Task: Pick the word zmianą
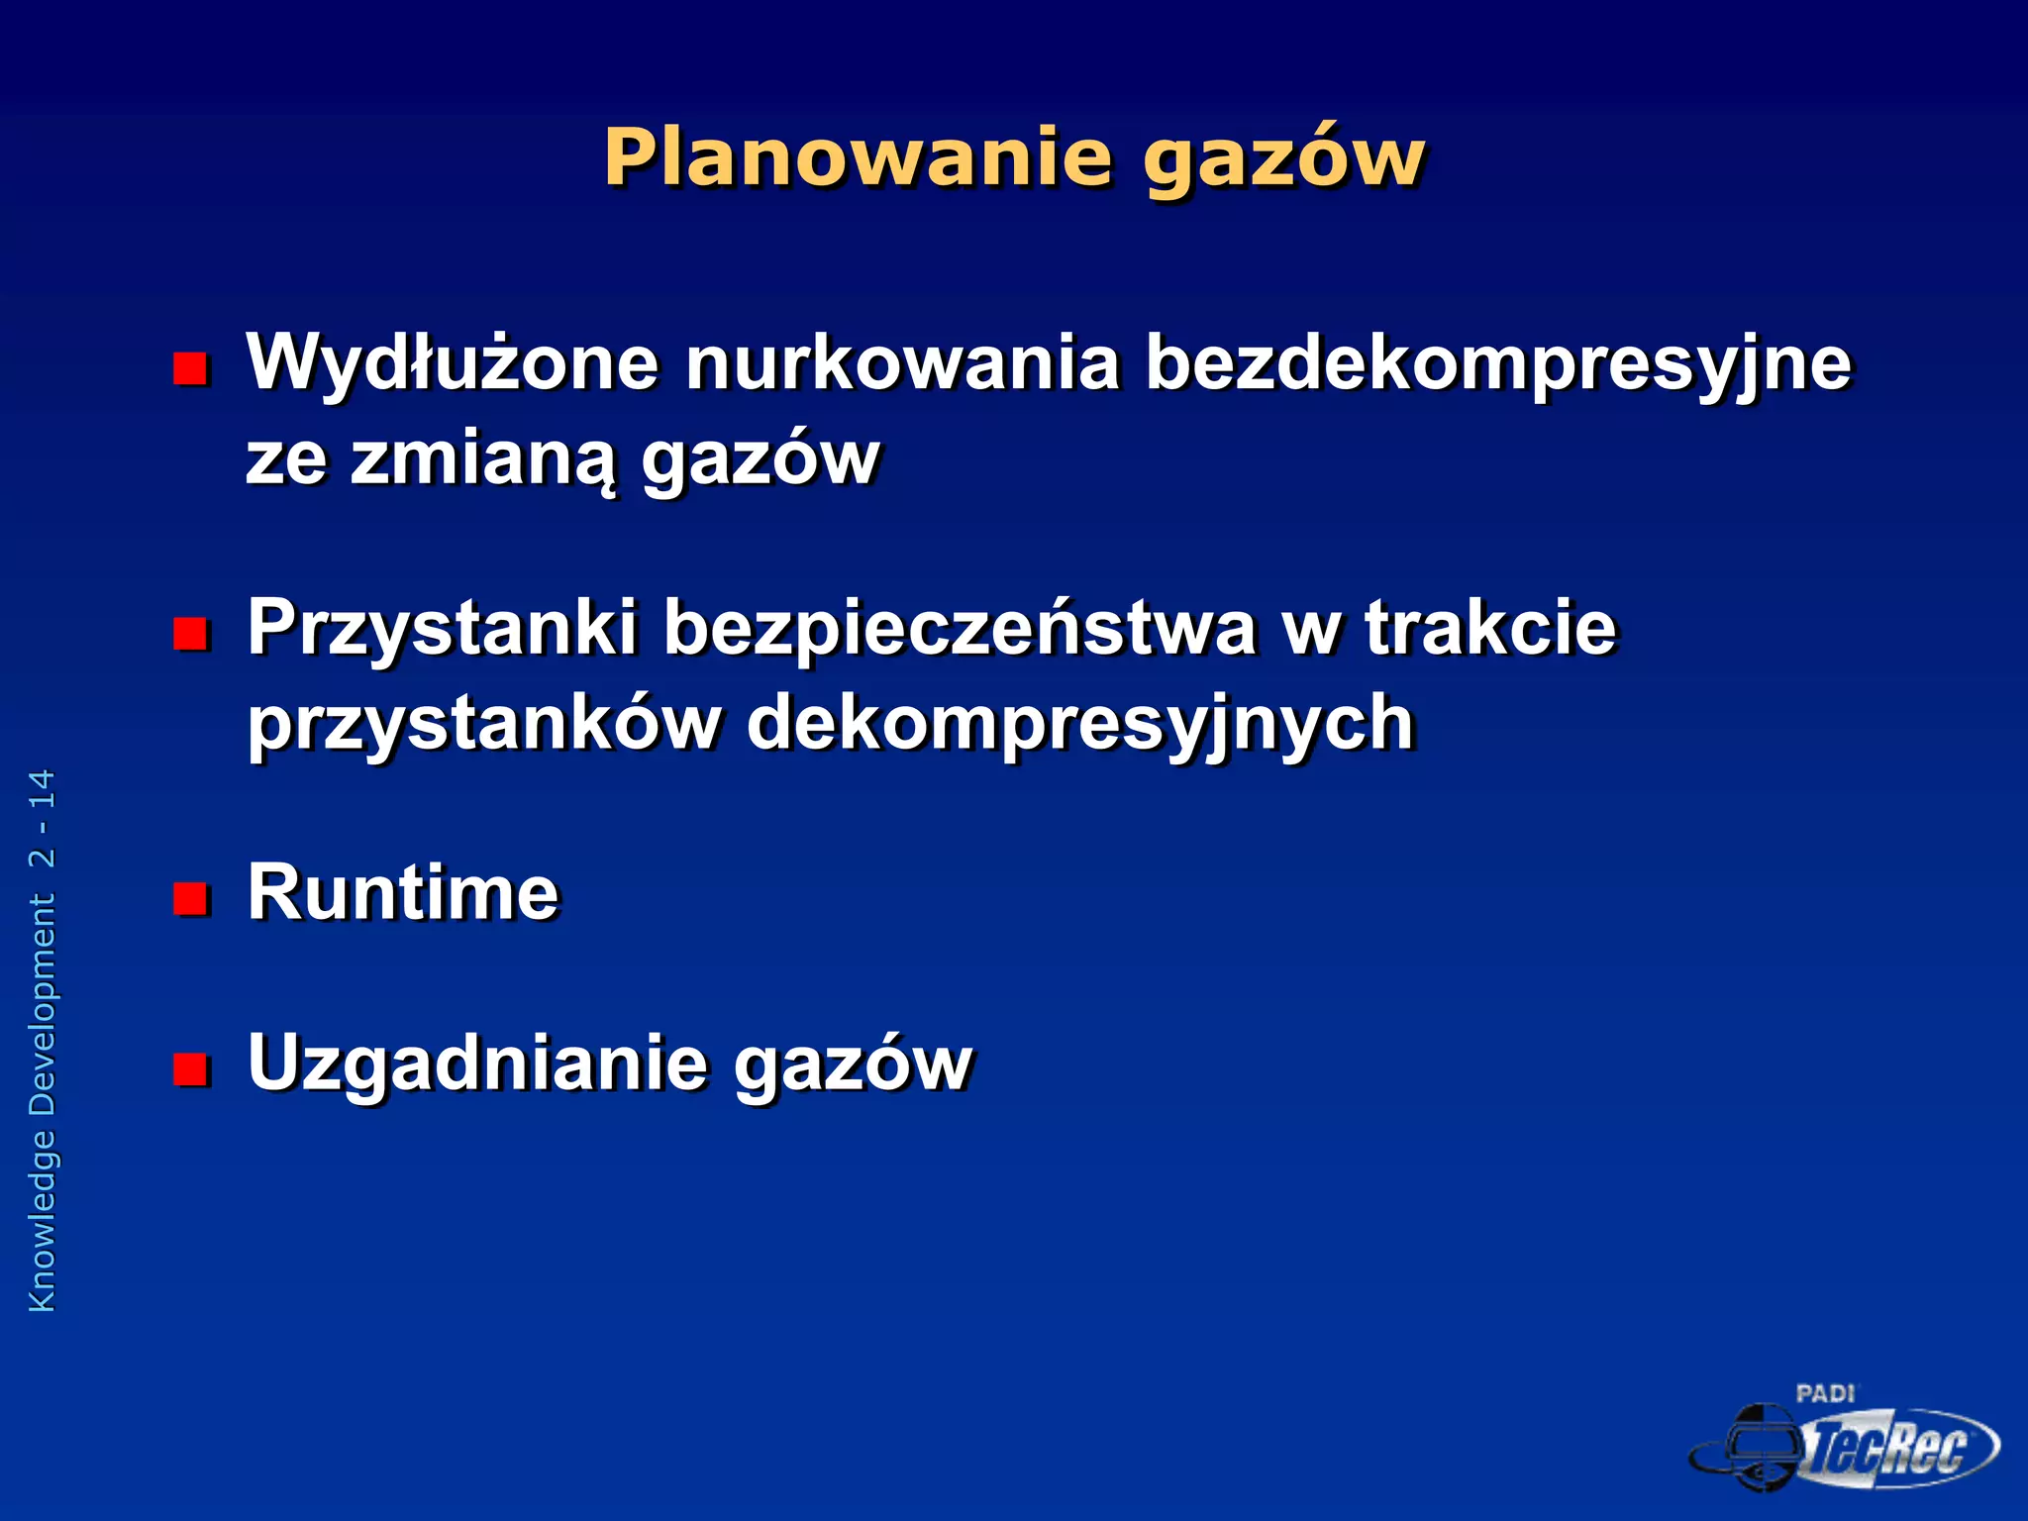point(482,460)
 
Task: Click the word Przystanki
point(442,630)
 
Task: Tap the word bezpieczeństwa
point(960,630)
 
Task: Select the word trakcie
point(1490,628)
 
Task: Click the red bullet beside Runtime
point(190,898)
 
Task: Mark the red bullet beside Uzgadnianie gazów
point(190,1068)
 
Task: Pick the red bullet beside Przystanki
point(190,634)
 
